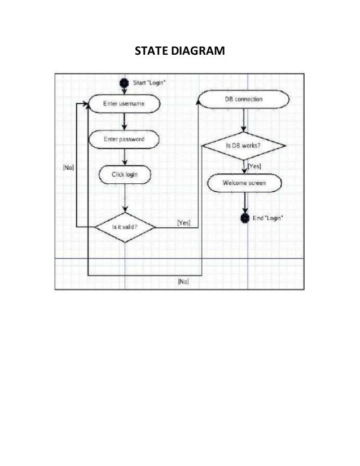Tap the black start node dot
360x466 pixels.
[124, 83]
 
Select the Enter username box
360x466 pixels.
[124, 104]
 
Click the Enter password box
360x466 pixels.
[124, 139]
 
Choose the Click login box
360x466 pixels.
[124, 175]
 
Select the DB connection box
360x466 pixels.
[244, 100]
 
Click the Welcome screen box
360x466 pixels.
[244, 183]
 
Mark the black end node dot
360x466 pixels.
[245, 218]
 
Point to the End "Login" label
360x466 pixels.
[268, 218]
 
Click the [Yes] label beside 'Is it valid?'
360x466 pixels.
[184, 223]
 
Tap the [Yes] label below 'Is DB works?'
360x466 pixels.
[254, 166]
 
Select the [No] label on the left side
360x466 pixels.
[68, 167]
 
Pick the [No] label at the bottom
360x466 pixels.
[183, 281]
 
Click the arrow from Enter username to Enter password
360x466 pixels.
[124, 121]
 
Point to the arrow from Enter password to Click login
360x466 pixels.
[124, 157]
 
